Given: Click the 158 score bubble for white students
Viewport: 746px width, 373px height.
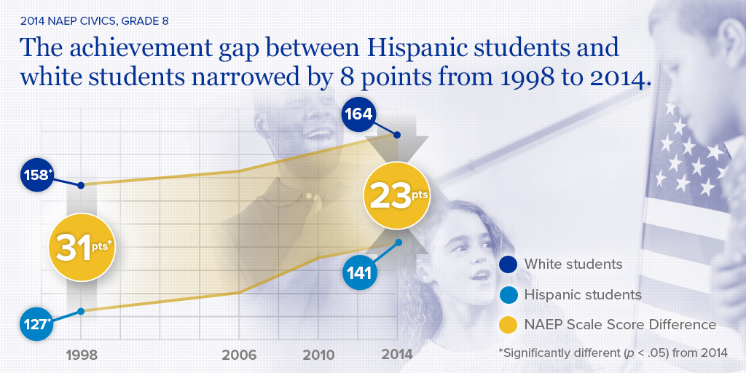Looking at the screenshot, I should [x=37, y=176].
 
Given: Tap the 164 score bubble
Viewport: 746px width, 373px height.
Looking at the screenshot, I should [x=360, y=114].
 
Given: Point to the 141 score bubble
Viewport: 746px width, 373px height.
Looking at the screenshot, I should [x=360, y=272].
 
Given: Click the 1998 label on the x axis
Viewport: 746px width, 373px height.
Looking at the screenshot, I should [x=82, y=355].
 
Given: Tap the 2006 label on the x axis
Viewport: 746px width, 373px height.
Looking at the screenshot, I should [x=239, y=355].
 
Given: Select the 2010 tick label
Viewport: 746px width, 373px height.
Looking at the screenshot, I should [x=318, y=355].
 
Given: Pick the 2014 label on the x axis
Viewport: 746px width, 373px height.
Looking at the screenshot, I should [x=396, y=355].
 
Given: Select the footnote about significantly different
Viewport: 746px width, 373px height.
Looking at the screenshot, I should [x=613, y=353].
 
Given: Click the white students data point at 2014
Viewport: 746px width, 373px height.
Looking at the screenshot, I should [x=397, y=135].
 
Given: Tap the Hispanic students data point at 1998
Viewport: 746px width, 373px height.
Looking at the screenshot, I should [x=82, y=311].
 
